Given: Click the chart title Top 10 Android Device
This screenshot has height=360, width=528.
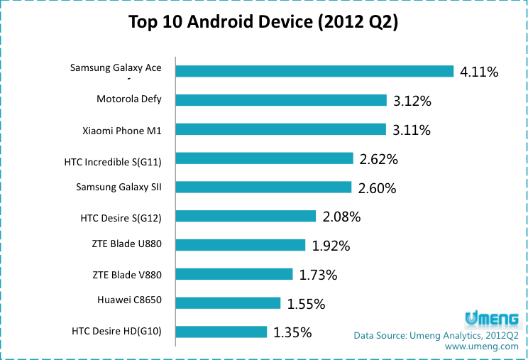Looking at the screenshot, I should coord(263,22).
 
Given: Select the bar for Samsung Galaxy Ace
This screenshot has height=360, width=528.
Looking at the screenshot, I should coord(314,71).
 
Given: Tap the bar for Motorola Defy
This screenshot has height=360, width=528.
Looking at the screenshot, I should coord(281,100).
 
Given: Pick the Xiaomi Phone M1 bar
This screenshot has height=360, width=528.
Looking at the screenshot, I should coord(280,129).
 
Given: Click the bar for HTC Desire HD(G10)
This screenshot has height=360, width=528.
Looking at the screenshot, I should coord(221,332).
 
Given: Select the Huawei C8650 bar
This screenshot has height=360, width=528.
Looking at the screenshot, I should coord(228,303).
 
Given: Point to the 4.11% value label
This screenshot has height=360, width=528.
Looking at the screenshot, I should coord(479,72).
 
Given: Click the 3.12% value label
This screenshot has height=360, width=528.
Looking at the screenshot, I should coord(412,101).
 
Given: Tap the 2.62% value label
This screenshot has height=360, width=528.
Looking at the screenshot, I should coord(378,160).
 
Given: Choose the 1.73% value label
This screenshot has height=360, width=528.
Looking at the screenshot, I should coord(318,275).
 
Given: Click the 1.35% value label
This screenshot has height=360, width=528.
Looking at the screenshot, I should coord(292,332).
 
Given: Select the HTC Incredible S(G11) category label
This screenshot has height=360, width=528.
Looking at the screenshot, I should coord(113,161).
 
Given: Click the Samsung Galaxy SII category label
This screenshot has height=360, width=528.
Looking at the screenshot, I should coord(119,187).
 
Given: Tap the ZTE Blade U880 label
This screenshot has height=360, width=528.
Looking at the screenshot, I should coord(127,244).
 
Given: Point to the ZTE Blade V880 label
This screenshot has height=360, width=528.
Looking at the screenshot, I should coord(127,274).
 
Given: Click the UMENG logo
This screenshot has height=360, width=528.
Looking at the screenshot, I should coord(492,317).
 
